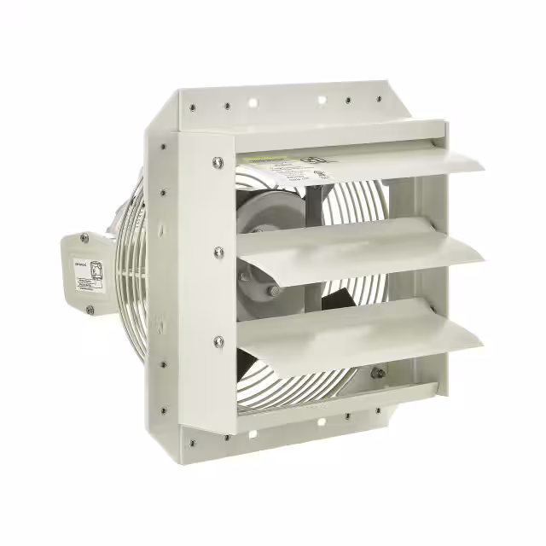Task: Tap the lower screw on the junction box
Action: point(89,309)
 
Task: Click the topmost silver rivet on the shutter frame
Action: point(218,160)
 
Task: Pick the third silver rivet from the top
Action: point(219,341)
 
